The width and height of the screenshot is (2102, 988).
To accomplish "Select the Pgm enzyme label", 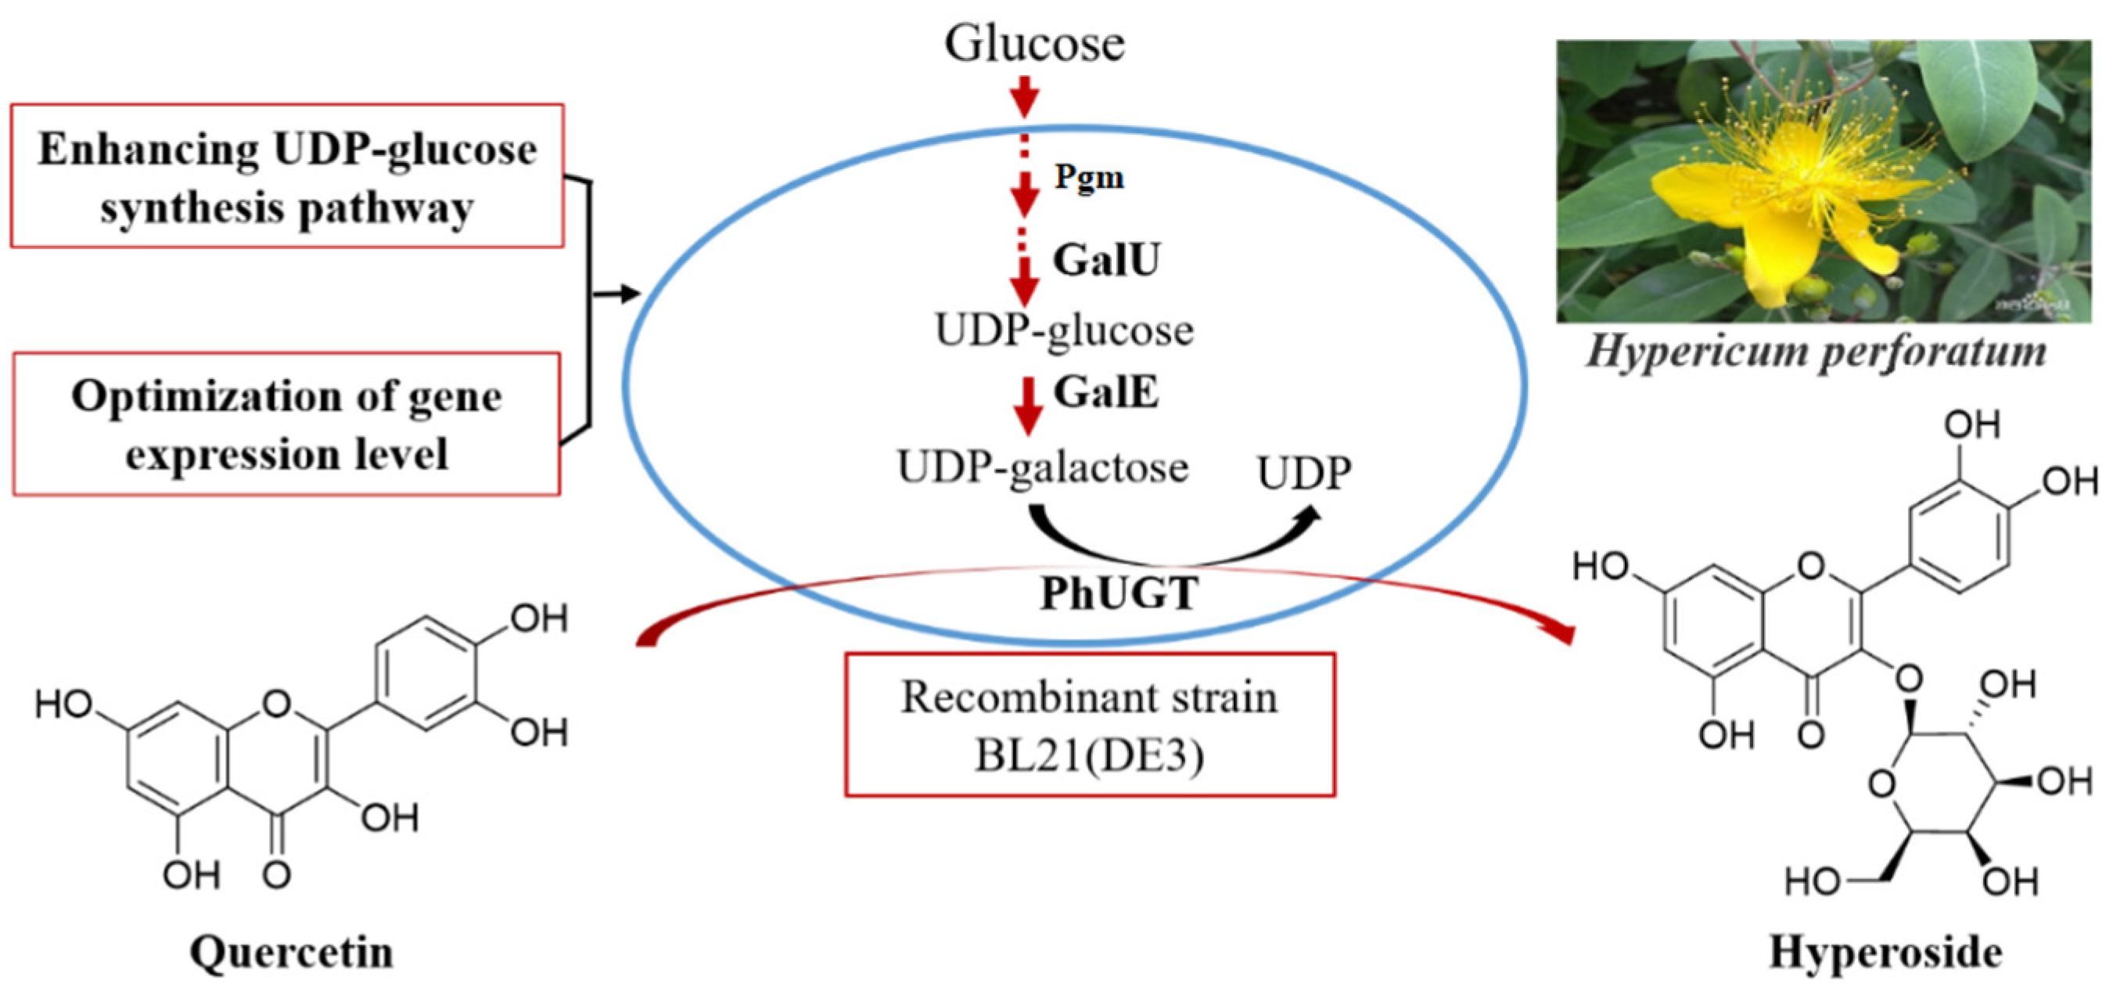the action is point(1088,176).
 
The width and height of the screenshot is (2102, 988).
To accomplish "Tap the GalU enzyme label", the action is point(1105,260).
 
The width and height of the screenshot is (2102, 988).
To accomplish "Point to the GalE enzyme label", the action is point(1105,392).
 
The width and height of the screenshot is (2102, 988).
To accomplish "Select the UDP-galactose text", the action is point(1043,469).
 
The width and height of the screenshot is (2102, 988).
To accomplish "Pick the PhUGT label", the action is point(1119,593).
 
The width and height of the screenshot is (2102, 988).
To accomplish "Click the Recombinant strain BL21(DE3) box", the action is point(1090,724).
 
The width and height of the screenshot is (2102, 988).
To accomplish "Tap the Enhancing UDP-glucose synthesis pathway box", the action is point(287,175).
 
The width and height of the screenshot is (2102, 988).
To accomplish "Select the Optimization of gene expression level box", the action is point(286,424).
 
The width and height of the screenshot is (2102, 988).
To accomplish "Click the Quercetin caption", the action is point(291,952).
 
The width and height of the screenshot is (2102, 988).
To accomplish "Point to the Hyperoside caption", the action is point(1885,951).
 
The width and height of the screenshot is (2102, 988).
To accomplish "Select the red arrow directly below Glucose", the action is point(1025,96).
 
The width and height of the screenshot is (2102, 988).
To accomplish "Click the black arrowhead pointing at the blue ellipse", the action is point(628,293).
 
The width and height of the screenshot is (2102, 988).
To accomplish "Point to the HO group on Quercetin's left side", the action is point(64,704).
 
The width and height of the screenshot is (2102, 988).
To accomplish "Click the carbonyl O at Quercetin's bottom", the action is point(277,875).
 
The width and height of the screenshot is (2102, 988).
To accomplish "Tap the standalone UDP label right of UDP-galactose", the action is point(1304,473).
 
